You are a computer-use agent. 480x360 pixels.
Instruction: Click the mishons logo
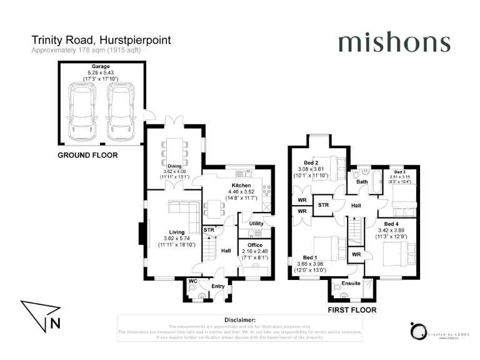tap(394, 42)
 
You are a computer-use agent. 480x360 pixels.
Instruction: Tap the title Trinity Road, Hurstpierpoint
tap(101, 40)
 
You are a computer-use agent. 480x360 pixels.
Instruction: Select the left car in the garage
tap(82, 112)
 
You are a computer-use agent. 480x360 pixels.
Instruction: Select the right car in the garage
tap(120, 112)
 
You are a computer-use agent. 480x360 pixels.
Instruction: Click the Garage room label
tap(101, 66)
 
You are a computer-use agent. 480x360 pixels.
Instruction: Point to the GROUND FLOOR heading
tap(88, 155)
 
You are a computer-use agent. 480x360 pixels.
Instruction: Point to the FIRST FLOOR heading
tap(352, 309)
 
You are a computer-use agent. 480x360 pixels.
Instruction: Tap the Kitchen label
tap(241, 186)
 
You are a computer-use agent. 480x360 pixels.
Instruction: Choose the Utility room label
tap(256, 223)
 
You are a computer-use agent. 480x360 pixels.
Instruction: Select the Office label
tap(255, 244)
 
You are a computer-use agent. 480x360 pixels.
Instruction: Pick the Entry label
tap(217, 286)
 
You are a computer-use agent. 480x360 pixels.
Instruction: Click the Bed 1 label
tap(309, 257)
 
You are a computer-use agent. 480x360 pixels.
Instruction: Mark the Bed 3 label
tap(399, 171)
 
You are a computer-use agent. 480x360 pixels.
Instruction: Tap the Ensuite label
tap(351, 283)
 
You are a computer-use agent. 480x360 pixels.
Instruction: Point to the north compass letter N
tap(56, 323)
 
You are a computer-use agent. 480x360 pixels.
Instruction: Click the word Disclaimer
tap(240, 320)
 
